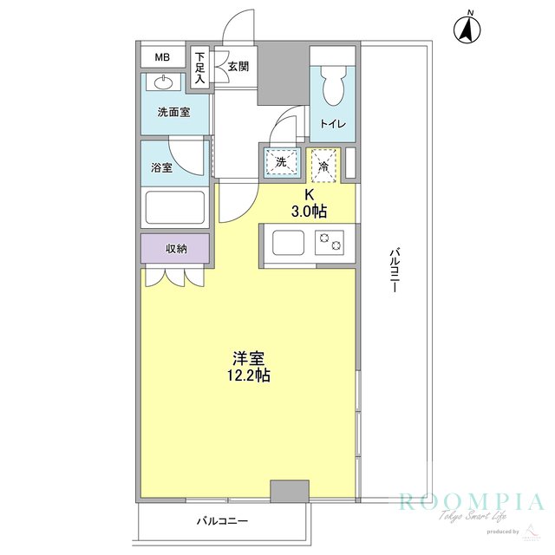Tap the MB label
click(163, 57)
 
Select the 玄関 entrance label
click(239, 65)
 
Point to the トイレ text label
click(333, 124)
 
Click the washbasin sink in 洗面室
click(165, 83)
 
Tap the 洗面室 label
click(173, 113)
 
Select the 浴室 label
click(161, 167)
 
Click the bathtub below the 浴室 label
click(174, 209)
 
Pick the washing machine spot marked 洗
click(281, 163)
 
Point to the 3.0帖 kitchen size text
click(308, 211)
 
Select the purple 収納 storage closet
click(175, 249)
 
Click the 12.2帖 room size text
click(248, 375)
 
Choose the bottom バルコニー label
click(222, 521)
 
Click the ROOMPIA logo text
click(471, 502)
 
